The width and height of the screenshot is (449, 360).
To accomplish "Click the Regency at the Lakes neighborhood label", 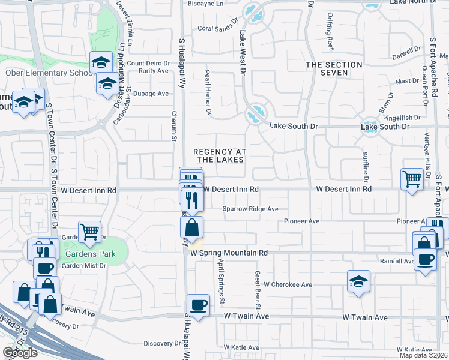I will [x=218, y=155].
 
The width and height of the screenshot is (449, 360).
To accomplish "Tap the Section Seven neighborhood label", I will [x=334, y=68].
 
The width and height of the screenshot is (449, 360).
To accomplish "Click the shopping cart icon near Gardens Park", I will [x=89, y=230].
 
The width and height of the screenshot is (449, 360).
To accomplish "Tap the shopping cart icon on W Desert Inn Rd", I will [x=412, y=178].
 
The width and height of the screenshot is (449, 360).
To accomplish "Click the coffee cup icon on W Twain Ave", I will [x=198, y=304].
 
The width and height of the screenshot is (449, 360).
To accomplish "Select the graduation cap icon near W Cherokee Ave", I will [x=358, y=280].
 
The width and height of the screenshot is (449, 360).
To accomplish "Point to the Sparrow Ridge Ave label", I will [x=250, y=209].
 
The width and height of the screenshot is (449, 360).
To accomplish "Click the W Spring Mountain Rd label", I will [x=229, y=253].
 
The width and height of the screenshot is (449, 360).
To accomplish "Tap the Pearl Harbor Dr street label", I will [x=208, y=92].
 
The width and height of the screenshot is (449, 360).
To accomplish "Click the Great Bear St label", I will [x=256, y=290].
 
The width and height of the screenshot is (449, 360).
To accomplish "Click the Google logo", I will [x=20, y=353].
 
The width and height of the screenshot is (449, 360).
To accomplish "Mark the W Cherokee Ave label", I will [x=288, y=284].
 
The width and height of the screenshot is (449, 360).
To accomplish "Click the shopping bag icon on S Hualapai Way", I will [x=192, y=227].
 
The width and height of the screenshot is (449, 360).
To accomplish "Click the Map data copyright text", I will [x=424, y=355].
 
